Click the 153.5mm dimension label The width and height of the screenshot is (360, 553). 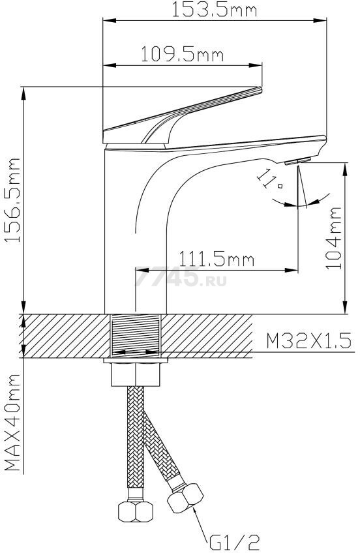pyautogui.click(x=214, y=10)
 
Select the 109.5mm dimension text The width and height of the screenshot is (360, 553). pyautogui.click(x=183, y=54)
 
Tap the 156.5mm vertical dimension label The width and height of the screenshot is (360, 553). pyautogui.click(x=14, y=200)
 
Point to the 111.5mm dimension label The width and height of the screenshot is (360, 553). pyautogui.click(x=217, y=260)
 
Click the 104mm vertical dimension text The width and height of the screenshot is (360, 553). pyautogui.click(x=333, y=239)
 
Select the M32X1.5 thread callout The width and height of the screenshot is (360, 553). pyautogui.click(x=308, y=341)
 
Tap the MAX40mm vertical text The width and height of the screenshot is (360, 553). pyautogui.click(x=12, y=423)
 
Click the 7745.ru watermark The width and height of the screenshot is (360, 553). pyautogui.click(x=181, y=276)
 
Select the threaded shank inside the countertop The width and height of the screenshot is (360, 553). pyautogui.click(x=136, y=335)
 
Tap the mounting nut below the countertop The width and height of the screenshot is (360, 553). pyautogui.click(x=136, y=372)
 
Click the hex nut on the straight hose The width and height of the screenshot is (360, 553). pyautogui.click(x=135, y=511)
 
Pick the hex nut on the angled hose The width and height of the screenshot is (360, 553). pyautogui.click(x=185, y=498)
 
